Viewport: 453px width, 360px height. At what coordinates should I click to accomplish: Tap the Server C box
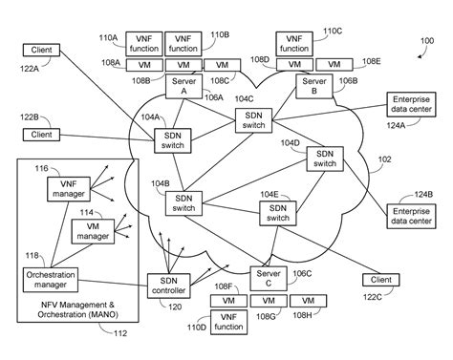(x=267, y=278)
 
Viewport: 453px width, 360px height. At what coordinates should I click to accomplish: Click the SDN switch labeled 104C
(x=254, y=119)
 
